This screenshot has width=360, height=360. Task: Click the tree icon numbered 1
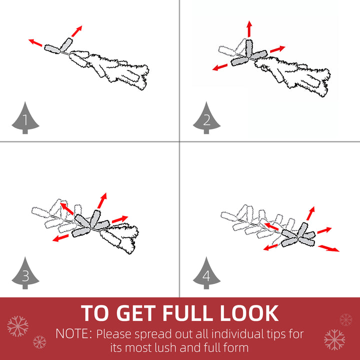click(x=25, y=119)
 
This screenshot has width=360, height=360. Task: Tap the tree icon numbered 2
click(x=206, y=119)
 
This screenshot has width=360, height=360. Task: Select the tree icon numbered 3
click(x=25, y=274)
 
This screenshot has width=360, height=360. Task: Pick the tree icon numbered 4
click(x=206, y=274)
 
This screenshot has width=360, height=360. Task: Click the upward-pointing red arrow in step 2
click(x=249, y=29)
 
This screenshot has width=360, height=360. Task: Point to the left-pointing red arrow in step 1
click(x=35, y=42)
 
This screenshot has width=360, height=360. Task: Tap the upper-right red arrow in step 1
click(x=76, y=31)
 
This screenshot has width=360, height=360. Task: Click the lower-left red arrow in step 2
click(x=220, y=67)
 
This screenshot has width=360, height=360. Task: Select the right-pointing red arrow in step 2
click(x=277, y=49)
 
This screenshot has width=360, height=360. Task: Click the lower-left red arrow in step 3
click(x=60, y=238)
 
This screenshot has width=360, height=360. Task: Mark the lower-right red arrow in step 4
click(x=328, y=248)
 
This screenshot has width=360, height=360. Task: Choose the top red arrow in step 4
click(x=310, y=213)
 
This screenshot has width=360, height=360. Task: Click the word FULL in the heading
click(x=187, y=313)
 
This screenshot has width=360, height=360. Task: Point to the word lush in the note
click(x=166, y=347)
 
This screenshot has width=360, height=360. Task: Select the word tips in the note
click(x=276, y=334)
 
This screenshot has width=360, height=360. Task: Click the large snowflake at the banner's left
click(x=17, y=326)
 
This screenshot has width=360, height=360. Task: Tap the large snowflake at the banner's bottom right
click(x=334, y=340)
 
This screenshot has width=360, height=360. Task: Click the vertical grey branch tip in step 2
click(x=249, y=48)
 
